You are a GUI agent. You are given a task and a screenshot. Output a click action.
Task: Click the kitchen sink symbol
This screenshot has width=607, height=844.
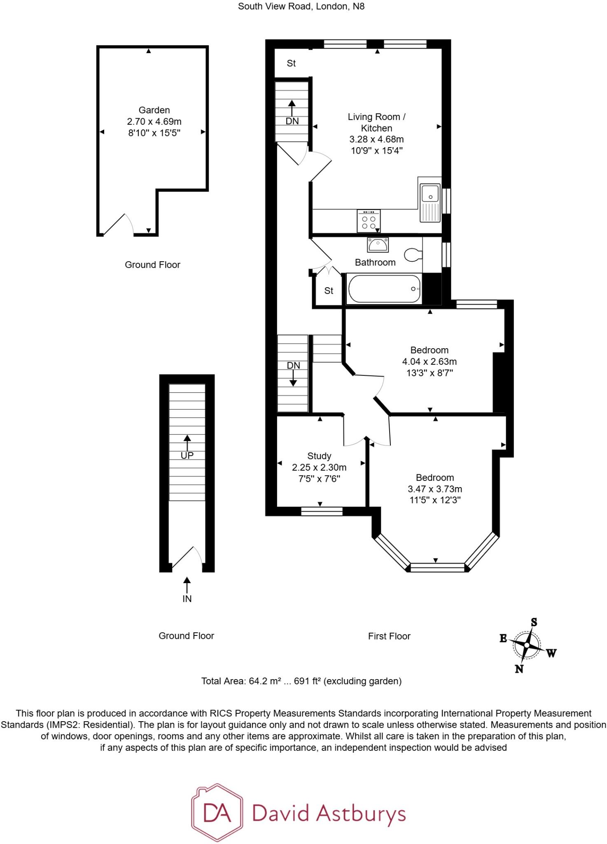click(430, 202)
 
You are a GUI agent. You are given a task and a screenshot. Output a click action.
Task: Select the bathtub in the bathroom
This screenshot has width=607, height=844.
click(384, 289)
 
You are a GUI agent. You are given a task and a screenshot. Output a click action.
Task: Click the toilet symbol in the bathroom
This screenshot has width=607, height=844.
click(413, 255)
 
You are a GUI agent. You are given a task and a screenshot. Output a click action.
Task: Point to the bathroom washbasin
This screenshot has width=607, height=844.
click(378, 245)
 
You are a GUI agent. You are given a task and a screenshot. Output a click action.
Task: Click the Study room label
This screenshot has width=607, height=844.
click(319, 456)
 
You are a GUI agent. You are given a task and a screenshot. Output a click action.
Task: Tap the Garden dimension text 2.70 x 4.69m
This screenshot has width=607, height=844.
click(154, 122)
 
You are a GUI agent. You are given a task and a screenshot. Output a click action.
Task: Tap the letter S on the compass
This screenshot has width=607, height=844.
click(534, 622)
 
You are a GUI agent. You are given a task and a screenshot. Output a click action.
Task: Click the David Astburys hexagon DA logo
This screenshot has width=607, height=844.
click(217, 812)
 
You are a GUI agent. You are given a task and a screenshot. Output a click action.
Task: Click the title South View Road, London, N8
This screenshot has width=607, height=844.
click(301, 7)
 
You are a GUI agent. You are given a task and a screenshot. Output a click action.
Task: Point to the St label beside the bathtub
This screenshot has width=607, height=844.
click(329, 291)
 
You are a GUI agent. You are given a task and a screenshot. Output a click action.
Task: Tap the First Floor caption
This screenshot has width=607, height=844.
click(389, 636)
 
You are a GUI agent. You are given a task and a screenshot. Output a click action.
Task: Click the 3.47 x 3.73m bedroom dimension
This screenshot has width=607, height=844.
click(435, 489)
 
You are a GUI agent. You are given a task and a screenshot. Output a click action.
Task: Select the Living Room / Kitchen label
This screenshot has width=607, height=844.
click(376, 122)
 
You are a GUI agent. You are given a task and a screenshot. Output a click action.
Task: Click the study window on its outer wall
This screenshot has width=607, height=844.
click(322, 511)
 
